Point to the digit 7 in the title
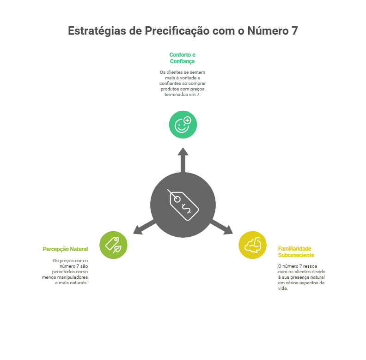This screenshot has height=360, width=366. point(294,31)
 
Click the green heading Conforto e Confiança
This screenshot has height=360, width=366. point(182,58)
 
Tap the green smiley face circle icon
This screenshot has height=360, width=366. point(183,124)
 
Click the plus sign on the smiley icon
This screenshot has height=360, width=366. point(187,120)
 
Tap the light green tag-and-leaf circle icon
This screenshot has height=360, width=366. point(113,245)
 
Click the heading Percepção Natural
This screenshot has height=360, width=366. point(65,249)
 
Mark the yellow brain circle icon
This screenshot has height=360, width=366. point(252,245)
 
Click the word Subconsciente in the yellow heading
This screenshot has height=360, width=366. point(296,255)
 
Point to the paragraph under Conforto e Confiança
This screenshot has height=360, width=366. point(182,83)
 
